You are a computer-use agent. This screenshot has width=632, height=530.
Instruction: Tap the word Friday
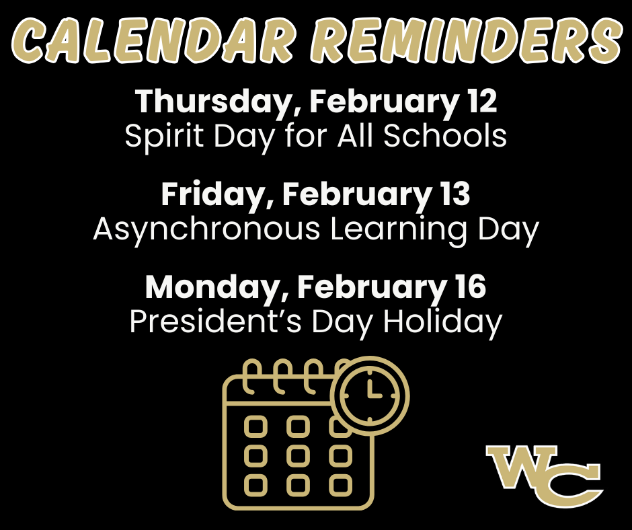click(216, 194)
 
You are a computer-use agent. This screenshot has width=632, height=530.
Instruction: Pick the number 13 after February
click(456, 194)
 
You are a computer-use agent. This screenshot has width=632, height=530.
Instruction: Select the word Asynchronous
click(206, 229)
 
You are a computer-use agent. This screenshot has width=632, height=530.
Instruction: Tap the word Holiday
click(442, 322)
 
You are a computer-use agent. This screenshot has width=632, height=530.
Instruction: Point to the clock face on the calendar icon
click(370, 395)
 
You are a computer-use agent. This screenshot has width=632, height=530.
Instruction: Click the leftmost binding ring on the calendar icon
click(251, 378)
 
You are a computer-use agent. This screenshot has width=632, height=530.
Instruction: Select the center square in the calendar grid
click(298, 456)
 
